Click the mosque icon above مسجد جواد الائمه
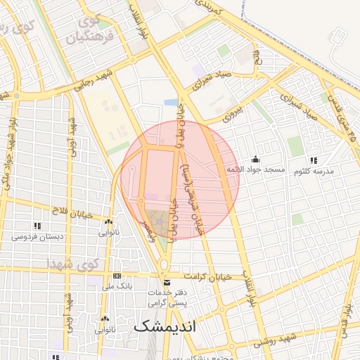point(255,159)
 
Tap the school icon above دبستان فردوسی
point(37,225)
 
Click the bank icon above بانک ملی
point(117,275)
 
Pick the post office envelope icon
point(166,282)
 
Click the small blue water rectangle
point(171,103)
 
